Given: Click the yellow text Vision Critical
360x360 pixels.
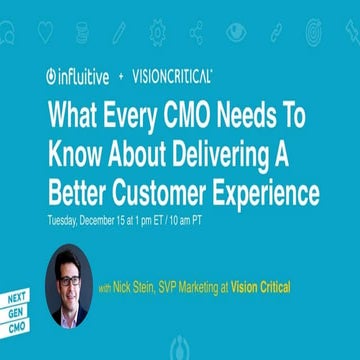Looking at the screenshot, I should (257, 288).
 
